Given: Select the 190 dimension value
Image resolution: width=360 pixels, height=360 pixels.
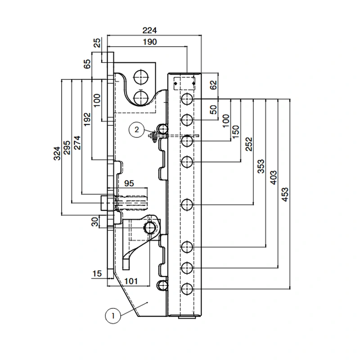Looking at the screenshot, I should [149, 42].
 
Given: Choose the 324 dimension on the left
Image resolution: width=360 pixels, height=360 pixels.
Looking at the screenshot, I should [56, 154].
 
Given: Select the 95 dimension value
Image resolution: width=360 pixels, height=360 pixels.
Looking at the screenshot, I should [129, 183].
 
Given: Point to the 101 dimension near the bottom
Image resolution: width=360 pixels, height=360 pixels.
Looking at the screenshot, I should [130, 281].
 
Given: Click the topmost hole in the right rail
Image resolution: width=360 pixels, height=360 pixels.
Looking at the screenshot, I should [187, 99].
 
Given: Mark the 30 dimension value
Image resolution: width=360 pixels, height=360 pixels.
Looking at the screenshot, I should [95, 222].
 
